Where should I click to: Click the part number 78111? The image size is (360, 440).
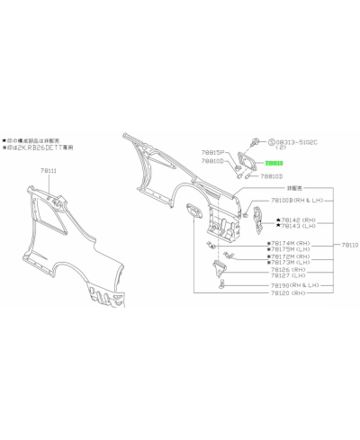tap(48, 170)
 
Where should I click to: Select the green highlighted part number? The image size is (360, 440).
tap(274, 164)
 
